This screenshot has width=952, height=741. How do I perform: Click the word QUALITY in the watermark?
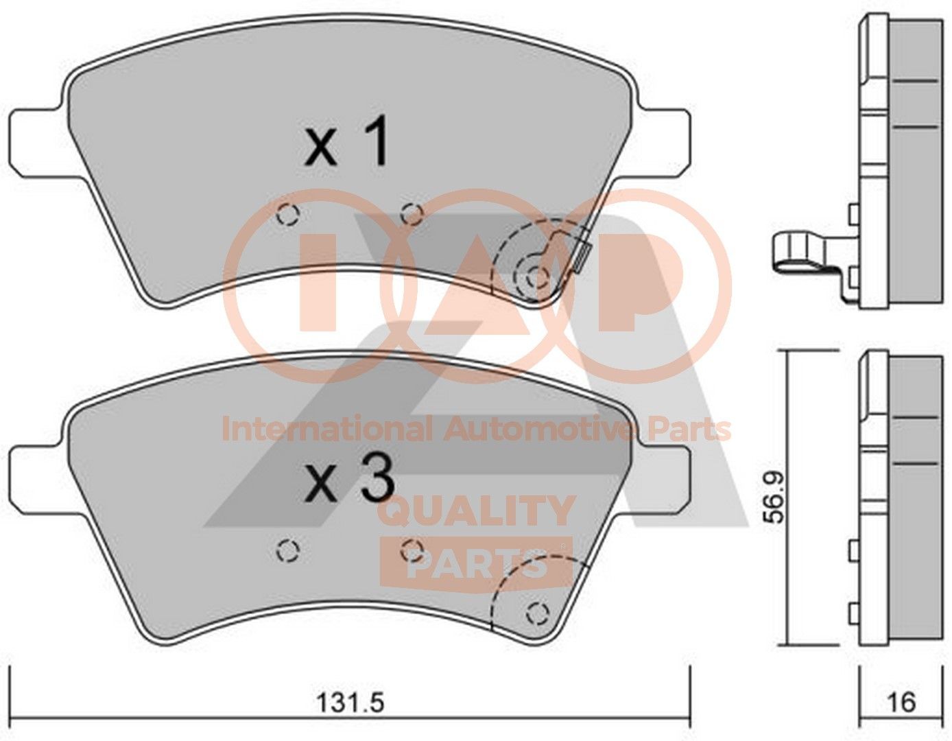[476, 511]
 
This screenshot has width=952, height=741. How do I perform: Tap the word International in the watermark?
[326, 430]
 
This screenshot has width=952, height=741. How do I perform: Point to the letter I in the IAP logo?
[318, 281]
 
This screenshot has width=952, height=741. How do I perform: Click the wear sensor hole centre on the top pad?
[537, 277]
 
